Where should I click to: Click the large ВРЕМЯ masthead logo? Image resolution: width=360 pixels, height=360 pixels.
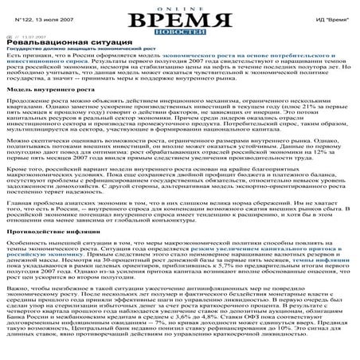coord(181,19)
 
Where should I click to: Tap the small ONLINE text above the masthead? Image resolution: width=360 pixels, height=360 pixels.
coord(181,6)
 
